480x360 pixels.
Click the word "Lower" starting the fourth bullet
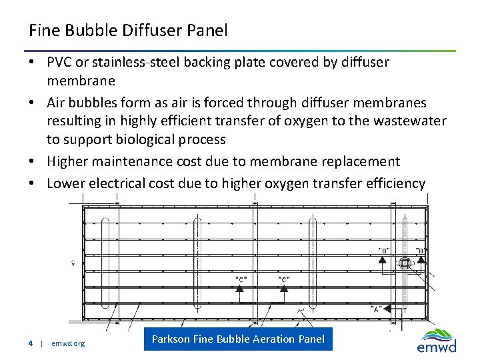pyautogui.click(x=65, y=183)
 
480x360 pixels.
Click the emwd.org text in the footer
pyautogui.click(x=68, y=343)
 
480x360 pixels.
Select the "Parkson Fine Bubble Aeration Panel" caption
pyautogui.click(x=238, y=339)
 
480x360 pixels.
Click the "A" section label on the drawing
pyautogui.click(x=377, y=309)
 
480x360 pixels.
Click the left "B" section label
pyautogui.click(x=384, y=250)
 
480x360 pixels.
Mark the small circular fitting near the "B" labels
pyautogui.click(x=404, y=264)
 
